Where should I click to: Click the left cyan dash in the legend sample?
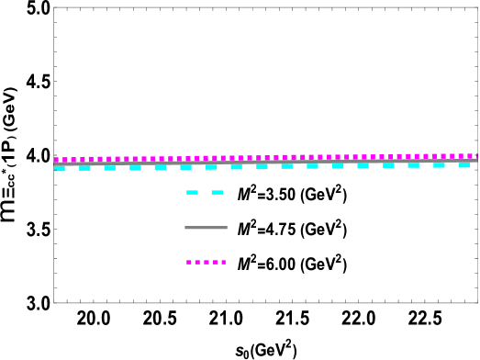coord(192,192)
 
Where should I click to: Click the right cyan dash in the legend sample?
coord(217,192)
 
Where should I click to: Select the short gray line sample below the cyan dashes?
coord(206,227)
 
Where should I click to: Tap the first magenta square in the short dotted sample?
coord(189,262)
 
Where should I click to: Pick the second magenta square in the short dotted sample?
coord(197,262)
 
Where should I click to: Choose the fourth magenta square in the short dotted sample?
coord(215,262)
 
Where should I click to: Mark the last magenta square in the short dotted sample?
coord(223,262)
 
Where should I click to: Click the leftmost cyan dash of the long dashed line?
coord(60,169)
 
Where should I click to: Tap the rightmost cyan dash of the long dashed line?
coord(463,164)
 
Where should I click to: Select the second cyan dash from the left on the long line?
coord(84,168)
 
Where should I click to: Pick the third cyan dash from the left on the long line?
coord(110,168)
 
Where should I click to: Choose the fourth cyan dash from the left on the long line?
coord(135,168)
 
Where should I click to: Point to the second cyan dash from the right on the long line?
coord(439,164)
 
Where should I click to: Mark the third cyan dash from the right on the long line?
coord(413,165)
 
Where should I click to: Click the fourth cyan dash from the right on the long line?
coord(388,165)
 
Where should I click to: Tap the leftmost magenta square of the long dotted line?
coord(56,160)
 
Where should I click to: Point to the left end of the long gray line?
coord(55,164)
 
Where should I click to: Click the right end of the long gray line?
coord(477,160)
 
